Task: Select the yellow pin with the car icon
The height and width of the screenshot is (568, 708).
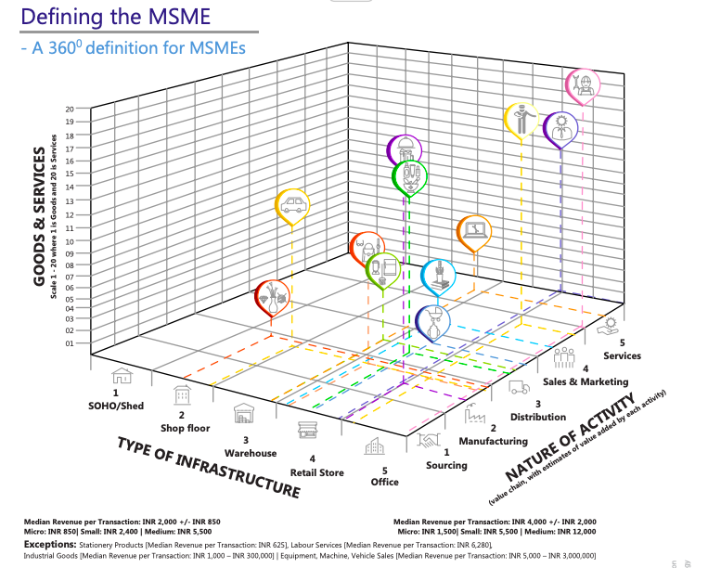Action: pyautogui.click(x=292, y=205)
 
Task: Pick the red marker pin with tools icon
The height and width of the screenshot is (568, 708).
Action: pyautogui.click(x=272, y=295)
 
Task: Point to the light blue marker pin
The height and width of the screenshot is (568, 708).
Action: pyautogui.click(x=438, y=275)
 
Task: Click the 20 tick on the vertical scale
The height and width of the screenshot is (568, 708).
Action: pyautogui.click(x=69, y=110)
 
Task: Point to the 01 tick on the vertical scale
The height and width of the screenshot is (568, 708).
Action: pyautogui.click(x=69, y=343)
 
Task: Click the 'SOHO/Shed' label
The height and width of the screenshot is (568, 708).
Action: pyautogui.click(x=116, y=406)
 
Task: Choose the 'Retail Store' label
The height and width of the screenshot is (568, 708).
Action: pyautogui.click(x=316, y=472)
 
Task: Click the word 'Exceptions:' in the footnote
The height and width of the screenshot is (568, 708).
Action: pyautogui.click(x=49, y=543)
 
